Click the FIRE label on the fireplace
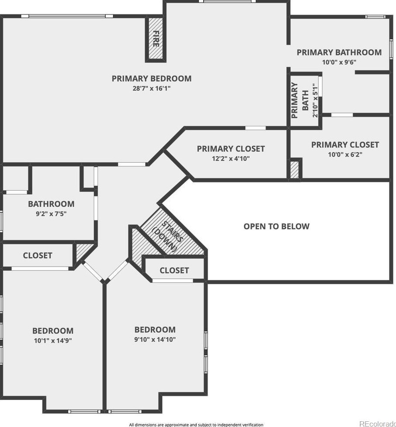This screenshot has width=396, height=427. click(x=156, y=38)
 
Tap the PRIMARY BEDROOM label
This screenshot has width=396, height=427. click(x=152, y=78)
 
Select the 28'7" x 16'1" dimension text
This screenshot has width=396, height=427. click(x=152, y=88)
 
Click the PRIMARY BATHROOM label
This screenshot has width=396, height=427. click(x=339, y=52)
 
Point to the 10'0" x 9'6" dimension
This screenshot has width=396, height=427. click(x=339, y=62)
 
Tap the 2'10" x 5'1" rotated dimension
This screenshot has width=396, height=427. click(x=315, y=100)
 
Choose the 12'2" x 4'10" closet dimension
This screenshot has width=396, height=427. click(x=231, y=158)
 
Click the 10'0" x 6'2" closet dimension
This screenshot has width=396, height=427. click(x=345, y=155)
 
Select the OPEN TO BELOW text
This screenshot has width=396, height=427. click(x=276, y=226)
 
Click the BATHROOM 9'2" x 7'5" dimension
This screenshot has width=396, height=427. click(x=51, y=214)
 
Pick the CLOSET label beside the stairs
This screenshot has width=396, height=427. click(x=174, y=270)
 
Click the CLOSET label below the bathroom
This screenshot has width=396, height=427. click(x=37, y=255)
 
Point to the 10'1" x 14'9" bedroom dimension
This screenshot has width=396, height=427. click(x=53, y=340)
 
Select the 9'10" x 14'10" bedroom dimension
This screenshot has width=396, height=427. click(x=155, y=339)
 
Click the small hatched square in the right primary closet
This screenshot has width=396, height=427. click(x=295, y=170)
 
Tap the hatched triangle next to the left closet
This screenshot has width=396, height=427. click(x=80, y=251)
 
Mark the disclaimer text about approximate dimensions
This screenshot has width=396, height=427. click(x=196, y=424)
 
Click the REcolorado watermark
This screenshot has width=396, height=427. click(x=378, y=424)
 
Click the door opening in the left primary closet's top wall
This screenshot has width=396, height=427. click(x=255, y=128)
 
